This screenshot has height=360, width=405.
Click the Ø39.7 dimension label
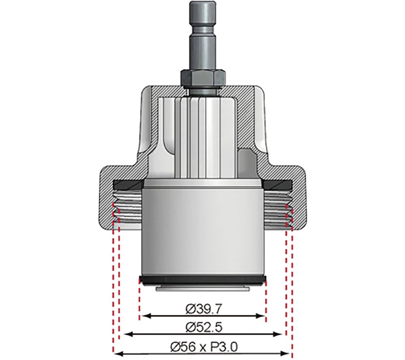(202, 310)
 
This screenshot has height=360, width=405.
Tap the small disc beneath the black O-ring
(202, 288)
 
